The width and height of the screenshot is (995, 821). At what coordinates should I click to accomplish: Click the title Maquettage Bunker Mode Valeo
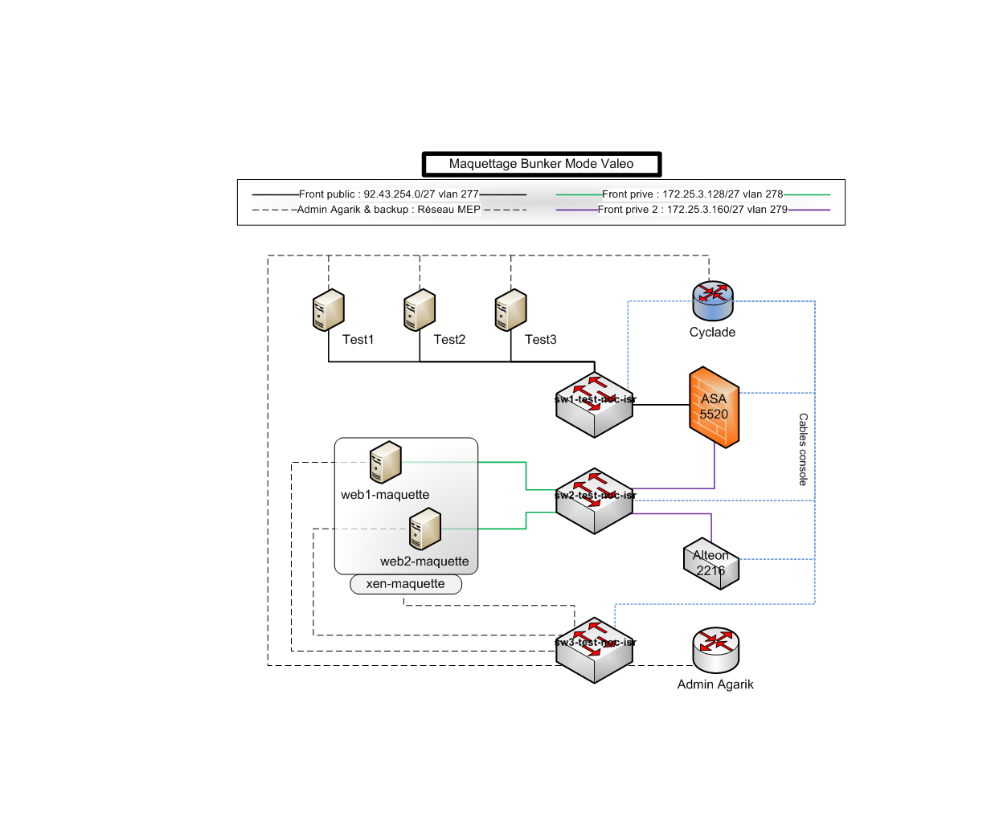click(x=541, y=164)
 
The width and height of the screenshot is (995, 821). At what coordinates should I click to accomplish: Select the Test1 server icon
click(x=328, y=311)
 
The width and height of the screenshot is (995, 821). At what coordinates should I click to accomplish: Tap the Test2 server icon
click(x=420, y=311)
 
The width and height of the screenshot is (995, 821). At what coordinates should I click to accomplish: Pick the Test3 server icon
click(x=510, y=311)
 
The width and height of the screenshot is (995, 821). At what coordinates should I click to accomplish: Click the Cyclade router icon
click(x=712, y=300)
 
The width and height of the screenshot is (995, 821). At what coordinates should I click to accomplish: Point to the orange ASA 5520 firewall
click(x=714, y=407)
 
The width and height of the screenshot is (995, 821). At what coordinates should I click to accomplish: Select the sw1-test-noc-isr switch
click(x=595, y=406)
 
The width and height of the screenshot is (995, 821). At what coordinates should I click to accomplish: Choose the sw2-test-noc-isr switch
click(x=595, y=502)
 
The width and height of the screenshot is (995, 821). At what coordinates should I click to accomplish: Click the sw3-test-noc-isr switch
click(x=595, y=651)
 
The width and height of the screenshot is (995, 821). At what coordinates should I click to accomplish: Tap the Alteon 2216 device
click(x=711, y=563)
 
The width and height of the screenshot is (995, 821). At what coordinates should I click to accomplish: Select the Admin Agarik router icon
click(x=715, y=650)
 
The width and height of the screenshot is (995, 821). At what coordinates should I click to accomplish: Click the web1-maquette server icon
click(x=385, y=463)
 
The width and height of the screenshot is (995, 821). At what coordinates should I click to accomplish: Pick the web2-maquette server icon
click(x=425, y=529)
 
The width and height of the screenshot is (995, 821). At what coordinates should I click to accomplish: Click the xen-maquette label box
click(x=406, y=584)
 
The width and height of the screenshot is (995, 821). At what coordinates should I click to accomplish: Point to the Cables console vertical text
click(x=803, y=449)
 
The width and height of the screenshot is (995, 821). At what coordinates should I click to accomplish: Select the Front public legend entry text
click(x=389, y=194)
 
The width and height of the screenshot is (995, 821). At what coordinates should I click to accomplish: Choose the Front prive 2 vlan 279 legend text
click(x=692, y=210)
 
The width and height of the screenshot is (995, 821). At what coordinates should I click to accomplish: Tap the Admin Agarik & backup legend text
click(x=389, y=210)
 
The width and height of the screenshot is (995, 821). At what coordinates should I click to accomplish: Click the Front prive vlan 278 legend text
click(x=692, y=194)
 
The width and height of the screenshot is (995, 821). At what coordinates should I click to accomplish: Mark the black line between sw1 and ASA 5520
click(x=661, y=405)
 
